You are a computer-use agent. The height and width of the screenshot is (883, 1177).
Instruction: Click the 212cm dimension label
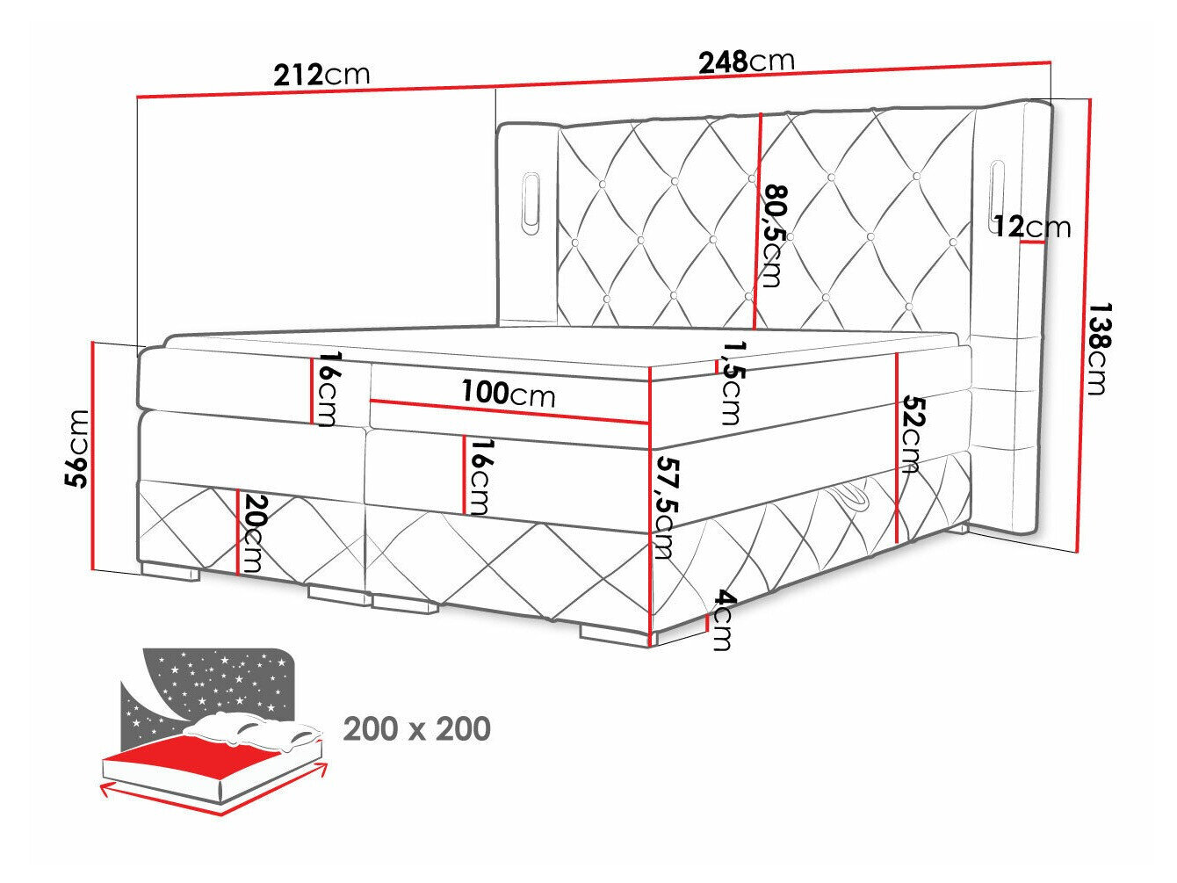tap(321, 74)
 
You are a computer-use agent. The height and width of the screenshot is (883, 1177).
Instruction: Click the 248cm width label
tap(746, 61)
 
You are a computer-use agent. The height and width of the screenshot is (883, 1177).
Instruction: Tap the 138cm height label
tap(1097, 349)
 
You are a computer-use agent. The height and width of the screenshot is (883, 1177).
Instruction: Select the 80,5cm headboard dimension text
tap(773, 235)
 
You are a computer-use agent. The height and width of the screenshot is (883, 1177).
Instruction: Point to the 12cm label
tap(1033, 228)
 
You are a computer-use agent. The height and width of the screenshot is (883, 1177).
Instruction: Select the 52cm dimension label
tap(912, 436)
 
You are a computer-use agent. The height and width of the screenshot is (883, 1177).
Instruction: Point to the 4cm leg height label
tap(721, 620)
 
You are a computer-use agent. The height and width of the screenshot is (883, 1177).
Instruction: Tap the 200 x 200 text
tap(416, 728)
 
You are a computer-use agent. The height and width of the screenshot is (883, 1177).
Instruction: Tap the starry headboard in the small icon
tap(215, 685)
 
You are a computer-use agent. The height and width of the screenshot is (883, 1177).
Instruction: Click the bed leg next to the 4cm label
tap(615, 633)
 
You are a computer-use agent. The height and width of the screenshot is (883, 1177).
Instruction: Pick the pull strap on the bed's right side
tap(853, 497)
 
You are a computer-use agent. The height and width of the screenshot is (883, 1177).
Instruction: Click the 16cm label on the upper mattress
tap(326, 389)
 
